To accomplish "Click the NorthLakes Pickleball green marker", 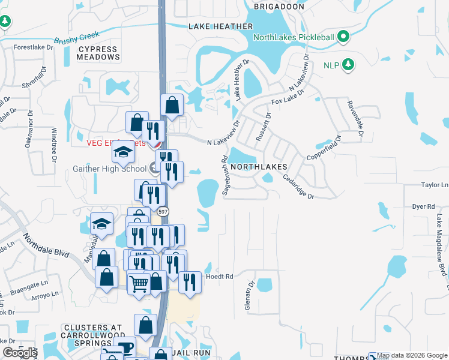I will click(344, 37).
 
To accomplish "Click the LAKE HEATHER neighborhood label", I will click(220, 26).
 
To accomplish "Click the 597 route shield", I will click(163, 212).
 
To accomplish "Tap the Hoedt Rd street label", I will click(219, 277).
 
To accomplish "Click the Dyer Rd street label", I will click(423, 206).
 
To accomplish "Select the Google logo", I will click(20, 353).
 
